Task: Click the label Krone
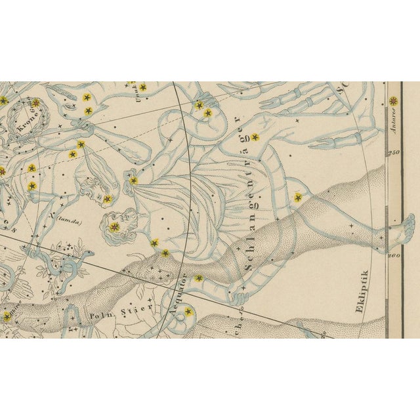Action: [30, 125]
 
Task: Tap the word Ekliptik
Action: [365, 289]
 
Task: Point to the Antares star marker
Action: [393, 100]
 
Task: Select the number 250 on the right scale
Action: [394, 153]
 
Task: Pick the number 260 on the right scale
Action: [394, 255]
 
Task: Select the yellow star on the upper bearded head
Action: [108, 198]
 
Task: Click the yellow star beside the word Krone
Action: [35, 102]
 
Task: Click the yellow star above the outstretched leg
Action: [298, 197]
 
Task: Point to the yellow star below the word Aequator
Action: [189, 312]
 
